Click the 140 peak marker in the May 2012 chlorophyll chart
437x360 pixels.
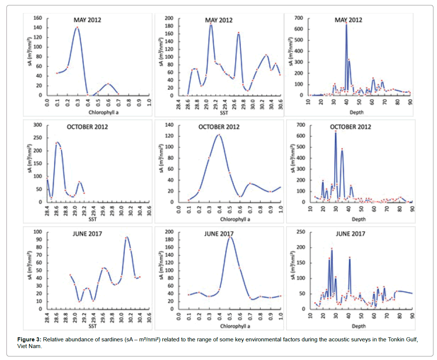coord(77,28)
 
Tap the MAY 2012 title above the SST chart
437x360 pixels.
coord(219,20)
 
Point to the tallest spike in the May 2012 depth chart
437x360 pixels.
coord(346,23)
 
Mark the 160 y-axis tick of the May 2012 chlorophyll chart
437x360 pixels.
coord(38,18)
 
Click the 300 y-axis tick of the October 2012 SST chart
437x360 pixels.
coord(38,125)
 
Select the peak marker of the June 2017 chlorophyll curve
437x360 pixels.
coord(229,237)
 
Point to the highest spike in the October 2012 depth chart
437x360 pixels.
coord(336,132)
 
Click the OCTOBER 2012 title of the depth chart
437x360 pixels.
coord(350,127)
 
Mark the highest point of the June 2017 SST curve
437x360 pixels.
coord(126,237)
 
